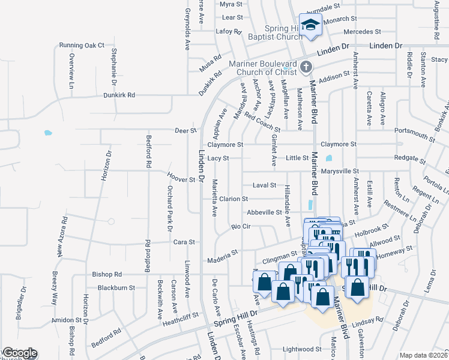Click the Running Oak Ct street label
(x=82, y=45)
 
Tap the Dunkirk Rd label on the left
(x=119, y=95)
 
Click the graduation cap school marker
(x=310, y=25)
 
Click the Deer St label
(x=185, y=130)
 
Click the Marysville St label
(x=339, y=171)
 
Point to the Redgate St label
(x=410, y=161)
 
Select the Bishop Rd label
(x=107, y=274)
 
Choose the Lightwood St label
(x=302, y=349)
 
